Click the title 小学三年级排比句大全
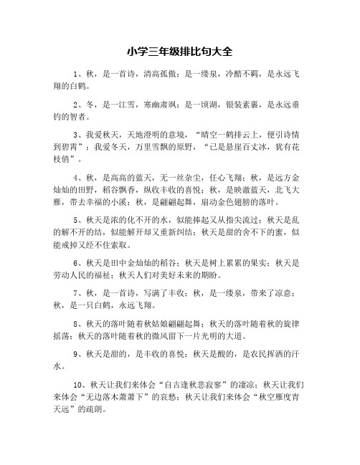tap(179, 52)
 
